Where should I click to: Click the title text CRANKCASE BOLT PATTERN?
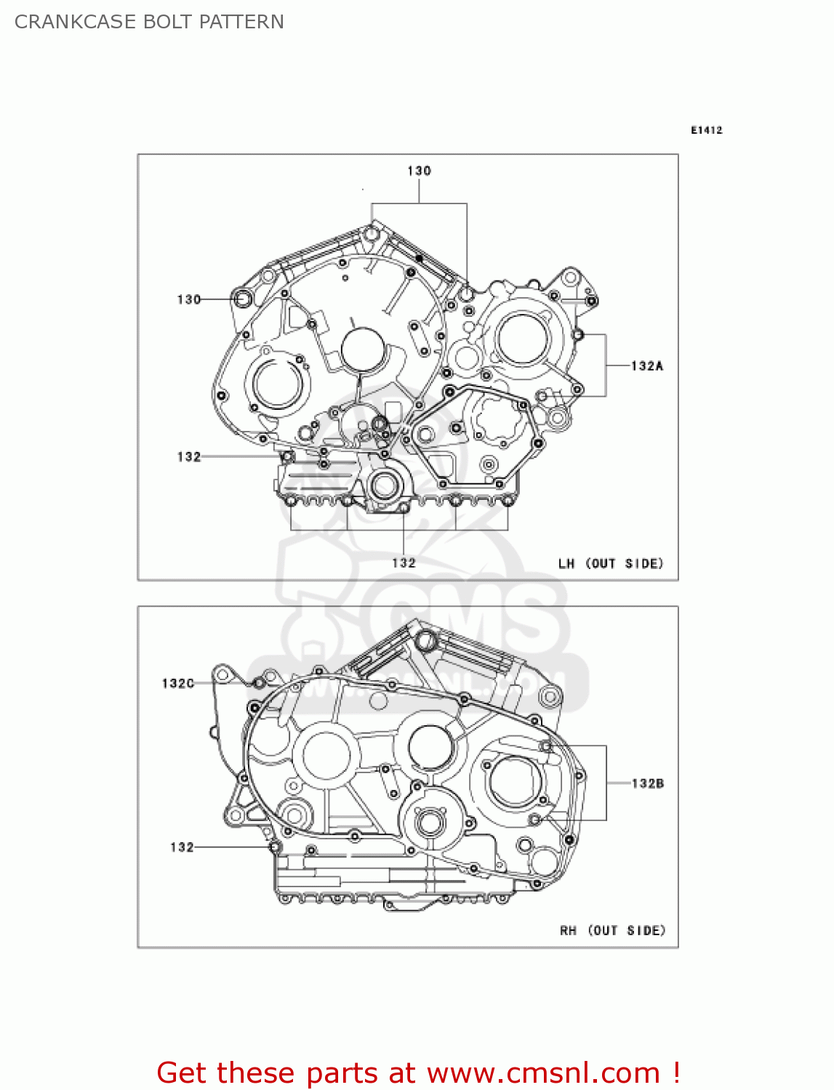pos(149,22)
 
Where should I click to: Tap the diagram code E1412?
pos(706,130)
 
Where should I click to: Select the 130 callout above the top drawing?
pos(419,171)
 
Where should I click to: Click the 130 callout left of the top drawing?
pos(188,299)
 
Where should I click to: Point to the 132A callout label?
pos(646,366)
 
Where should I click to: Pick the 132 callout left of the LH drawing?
pos(188,456)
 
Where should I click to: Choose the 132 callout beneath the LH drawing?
pos(404,562)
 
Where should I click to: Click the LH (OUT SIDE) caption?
pos(611,563)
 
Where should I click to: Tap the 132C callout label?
pos(178,683)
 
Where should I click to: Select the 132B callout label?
pos(647,783)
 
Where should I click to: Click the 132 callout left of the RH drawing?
pos(182,847)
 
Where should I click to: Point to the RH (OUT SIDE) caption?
pos(612,930)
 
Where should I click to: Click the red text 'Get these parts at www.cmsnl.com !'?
pos(418,1073)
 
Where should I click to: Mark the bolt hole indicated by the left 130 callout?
pos(242,299)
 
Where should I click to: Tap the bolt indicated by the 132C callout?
pos(259,683)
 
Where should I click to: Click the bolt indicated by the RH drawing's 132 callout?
pos(275,847)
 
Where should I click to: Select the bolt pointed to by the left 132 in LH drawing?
pos(287,456)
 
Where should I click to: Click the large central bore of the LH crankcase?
pos(361,350)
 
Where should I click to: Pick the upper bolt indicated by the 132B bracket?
pos(545,746)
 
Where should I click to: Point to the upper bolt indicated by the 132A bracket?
pos(578,335)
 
